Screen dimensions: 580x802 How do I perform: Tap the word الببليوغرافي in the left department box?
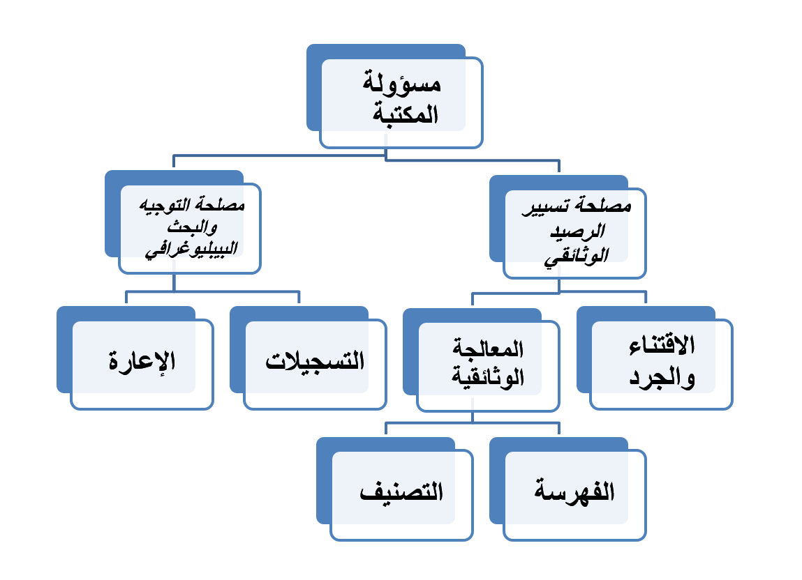click(x=191, y=250)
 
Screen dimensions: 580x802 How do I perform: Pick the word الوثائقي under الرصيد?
click(x=575, y=256)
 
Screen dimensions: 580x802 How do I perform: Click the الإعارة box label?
click(x=142, y=362)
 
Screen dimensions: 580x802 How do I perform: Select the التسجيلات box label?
click(x=315, y=362)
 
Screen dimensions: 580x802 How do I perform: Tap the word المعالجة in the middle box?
click(x=489, y=346)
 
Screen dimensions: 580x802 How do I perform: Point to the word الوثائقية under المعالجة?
click(x=489, y=379)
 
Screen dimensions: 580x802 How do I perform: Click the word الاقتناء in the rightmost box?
click(x=662, y=345)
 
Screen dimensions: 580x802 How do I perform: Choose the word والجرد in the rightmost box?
click(x=662, y=379)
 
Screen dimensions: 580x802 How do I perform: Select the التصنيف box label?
click(x=401, y=492)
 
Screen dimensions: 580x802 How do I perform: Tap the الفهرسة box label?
click(x=574, y=492)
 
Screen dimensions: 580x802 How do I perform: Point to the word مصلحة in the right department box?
click(x=606, y=207)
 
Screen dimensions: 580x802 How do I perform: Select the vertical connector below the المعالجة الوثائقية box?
click(x=473, y=417)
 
